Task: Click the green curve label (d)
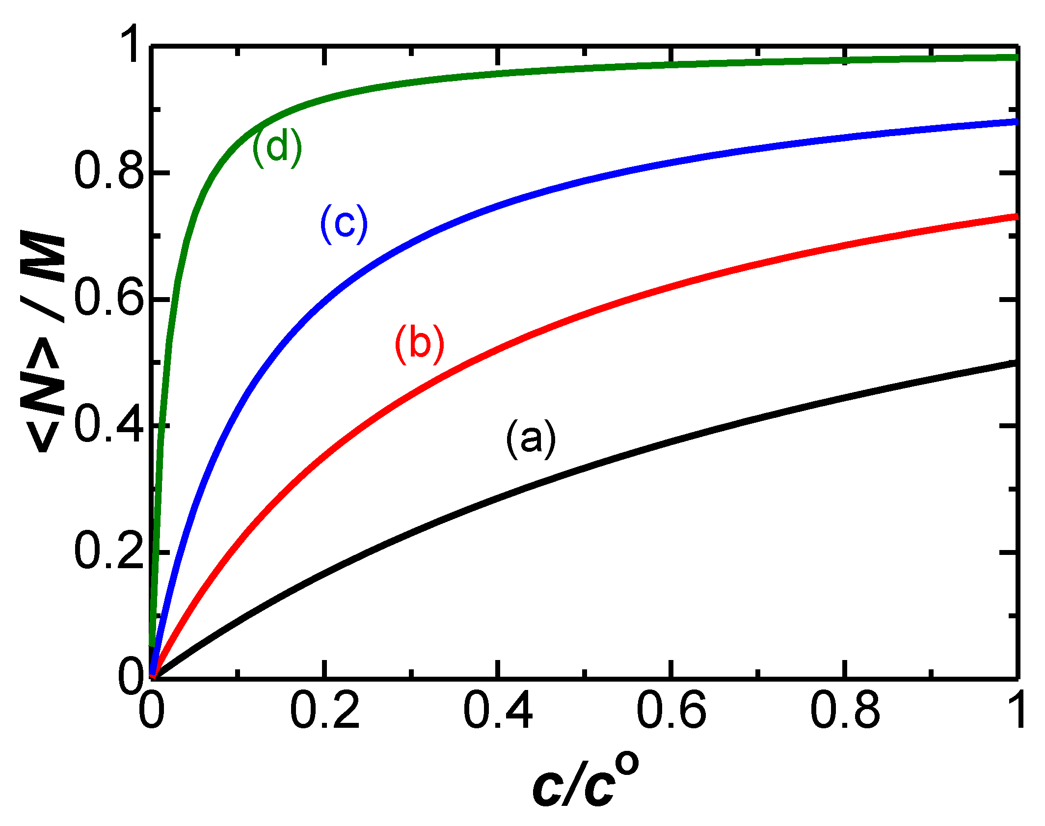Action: (x=277, y=147)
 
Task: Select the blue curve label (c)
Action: (x=344, y=224)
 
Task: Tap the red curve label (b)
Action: (x=420, y=344)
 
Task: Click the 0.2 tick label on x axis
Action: (x=324, y=711)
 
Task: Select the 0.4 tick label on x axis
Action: (x=498, y=711)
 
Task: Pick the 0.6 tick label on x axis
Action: (x=671, y=711)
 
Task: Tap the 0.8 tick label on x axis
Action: (x=845, y=711)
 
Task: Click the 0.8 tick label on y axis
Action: (x=109, y=172)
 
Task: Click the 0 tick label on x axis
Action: (x=151, y=711)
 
